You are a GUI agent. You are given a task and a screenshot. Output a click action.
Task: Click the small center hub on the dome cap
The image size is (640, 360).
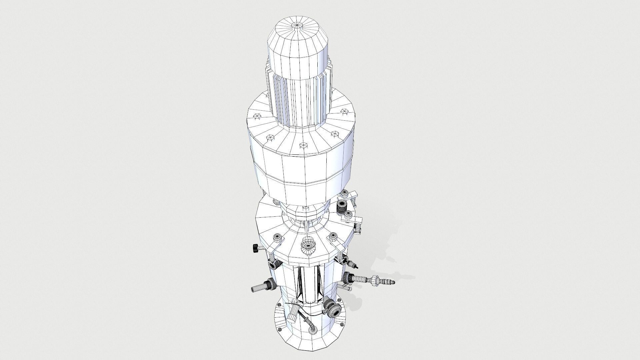[x=297, y=25]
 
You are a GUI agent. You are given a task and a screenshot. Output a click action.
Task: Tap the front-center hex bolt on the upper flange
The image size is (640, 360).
[x=303, y=145]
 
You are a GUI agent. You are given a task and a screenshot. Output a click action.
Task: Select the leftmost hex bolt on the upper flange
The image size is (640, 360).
[x=257, y=116]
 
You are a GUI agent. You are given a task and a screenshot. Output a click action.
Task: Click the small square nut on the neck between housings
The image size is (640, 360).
[x=304, y=208]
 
